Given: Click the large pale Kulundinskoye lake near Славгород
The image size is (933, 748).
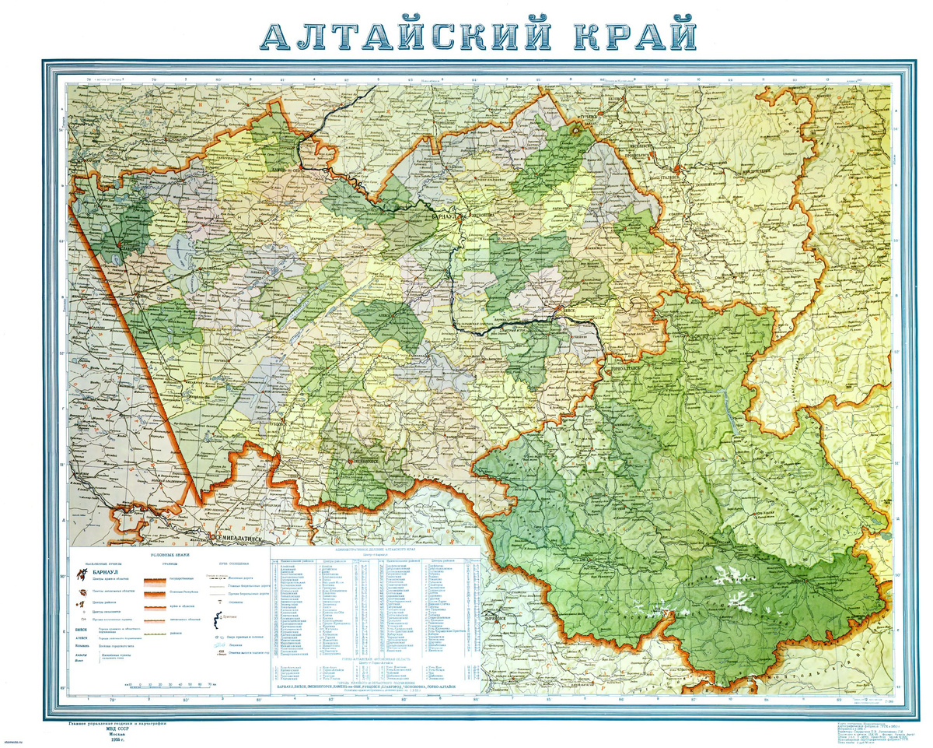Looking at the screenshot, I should click(177, 253).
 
